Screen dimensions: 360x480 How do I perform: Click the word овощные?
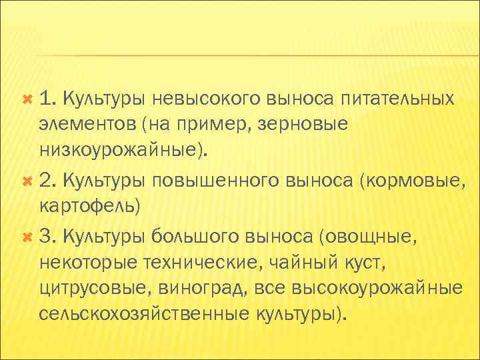coord(370,235)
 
